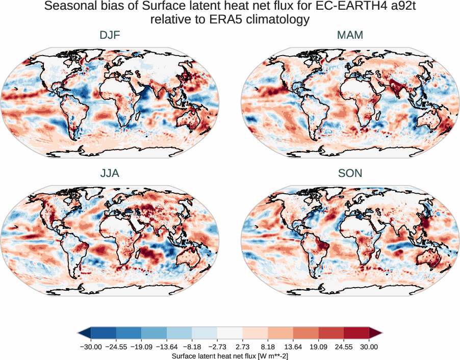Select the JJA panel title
point(110,173)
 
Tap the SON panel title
point(350,173)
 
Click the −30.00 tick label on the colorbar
point(91,347)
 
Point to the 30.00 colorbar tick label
point(369,347)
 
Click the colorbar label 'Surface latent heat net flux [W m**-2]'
point(230,356)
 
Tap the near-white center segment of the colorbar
point(230,333)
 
